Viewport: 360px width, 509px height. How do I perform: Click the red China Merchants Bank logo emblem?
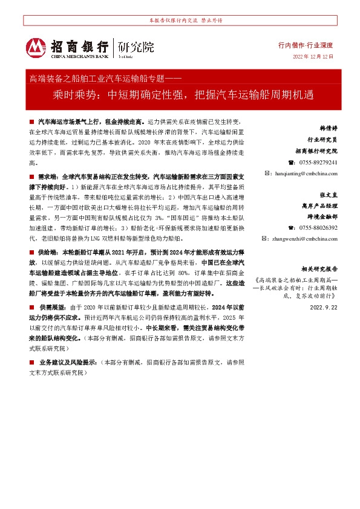coord(35,47)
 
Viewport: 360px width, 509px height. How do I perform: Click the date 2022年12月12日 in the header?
coord(313,56)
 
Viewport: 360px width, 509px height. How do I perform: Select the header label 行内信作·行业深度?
coord(306,45)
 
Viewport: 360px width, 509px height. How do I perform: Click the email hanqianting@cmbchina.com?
coord(301,173)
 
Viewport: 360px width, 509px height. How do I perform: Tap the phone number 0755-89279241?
coord(313,162)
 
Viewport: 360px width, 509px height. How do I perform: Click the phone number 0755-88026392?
coord(313,227)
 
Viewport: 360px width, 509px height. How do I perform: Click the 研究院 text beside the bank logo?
coord(136,47)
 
